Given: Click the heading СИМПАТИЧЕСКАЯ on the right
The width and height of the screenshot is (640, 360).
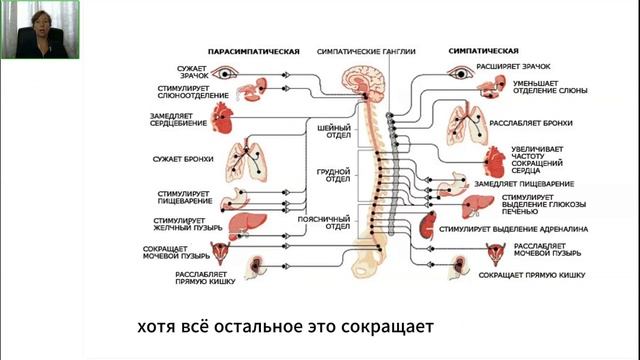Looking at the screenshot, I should pyautogui.click(x=484, y=49).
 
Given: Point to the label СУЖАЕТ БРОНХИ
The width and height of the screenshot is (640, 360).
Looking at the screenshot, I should pyautogui.click(x=187, y=158).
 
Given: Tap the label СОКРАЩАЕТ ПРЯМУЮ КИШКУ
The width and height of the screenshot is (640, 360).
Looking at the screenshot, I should pyautogui.click(x=531, y=273).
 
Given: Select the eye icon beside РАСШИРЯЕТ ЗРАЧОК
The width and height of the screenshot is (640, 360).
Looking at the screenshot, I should pyautogui.click(x=462, y=72).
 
